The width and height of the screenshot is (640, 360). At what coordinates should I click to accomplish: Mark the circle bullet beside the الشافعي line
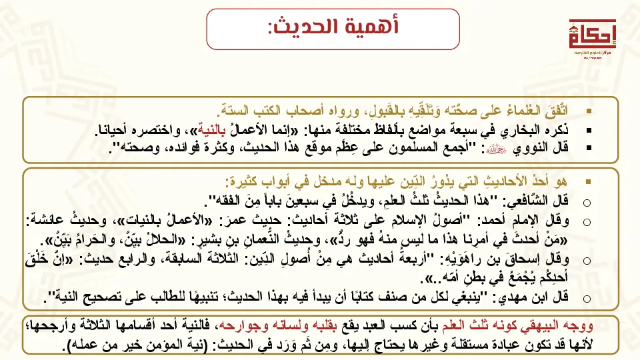587,201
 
